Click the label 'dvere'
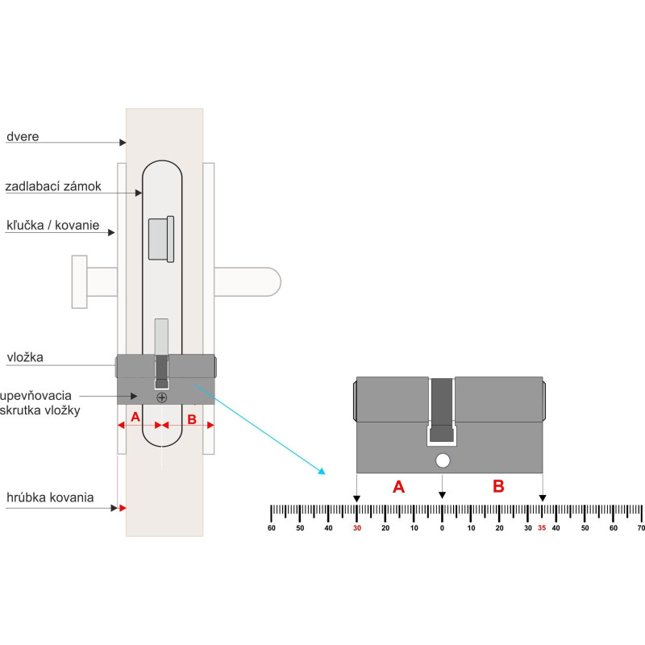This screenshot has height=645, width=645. tap(23, 137)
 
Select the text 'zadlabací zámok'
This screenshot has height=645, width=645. tap(53, 187)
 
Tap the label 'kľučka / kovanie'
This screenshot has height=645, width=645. tap(52, 226)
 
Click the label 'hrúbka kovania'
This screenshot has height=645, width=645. tap(49, 497)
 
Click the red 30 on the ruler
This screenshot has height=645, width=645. tap(357, 529)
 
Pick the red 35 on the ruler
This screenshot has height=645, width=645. tap(542, 529)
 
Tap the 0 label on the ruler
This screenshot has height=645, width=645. tap(442, 529)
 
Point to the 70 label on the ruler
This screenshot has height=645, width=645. tap(641, 529)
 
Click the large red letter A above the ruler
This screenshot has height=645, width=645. tap(397, 487)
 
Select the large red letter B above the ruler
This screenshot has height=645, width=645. tap(498, 487)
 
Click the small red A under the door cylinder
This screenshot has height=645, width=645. tap(135, 418)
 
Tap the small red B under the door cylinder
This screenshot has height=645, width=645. tap(191, 418)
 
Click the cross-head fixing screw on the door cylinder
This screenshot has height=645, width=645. tap(162, 397)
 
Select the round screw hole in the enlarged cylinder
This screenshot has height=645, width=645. tap(442, 461)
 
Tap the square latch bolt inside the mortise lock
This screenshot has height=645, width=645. tap(160, 239)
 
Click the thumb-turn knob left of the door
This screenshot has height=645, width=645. tap(79, 281)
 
